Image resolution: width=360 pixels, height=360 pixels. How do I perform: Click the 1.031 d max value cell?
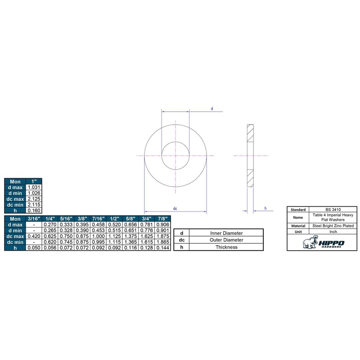34,187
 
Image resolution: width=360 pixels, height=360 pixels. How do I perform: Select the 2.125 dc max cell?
34,199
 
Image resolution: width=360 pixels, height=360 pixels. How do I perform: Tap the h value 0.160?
34,211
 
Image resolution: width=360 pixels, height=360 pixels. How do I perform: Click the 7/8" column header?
162,219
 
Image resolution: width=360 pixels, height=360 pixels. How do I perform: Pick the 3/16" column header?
34,219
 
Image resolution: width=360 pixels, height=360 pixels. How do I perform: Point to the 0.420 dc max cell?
34,236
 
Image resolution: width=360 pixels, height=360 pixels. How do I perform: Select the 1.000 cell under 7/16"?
98,236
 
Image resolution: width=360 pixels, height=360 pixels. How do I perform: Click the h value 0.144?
162,248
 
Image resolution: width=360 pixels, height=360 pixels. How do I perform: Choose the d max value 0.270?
50,225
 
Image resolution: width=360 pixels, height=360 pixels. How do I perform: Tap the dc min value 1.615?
147,242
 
